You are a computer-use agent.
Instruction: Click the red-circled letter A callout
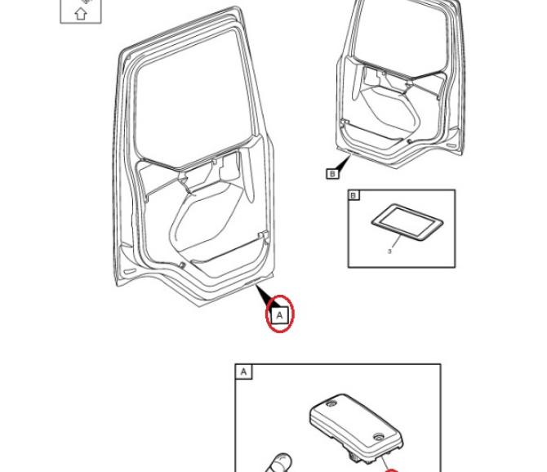[x=279, y=314]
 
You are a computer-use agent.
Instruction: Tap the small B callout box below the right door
[x=331, y=173]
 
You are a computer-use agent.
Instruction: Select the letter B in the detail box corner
[x=354, y=195]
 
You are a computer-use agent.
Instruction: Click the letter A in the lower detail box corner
[x=243, y=372]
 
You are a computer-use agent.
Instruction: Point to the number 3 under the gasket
[x=389, y=252]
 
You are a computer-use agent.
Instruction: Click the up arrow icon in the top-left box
[x=81, y=12]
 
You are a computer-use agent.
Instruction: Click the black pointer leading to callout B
[x=343, y=164]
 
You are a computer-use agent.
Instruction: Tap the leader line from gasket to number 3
[x=394, y=240]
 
